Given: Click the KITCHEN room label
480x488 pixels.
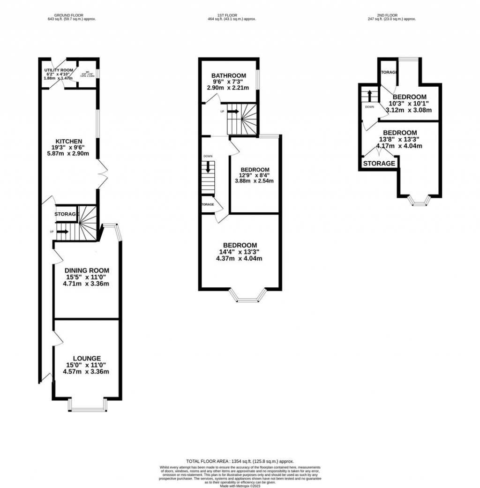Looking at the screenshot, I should point(69,141).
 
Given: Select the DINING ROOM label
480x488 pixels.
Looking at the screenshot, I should point(87,270).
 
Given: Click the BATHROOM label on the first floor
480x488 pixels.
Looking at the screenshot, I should point(228,75).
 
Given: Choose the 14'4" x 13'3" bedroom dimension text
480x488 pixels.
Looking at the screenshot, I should point(240,252).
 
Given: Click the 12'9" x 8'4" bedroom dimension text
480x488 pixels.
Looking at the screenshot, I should point(255,175).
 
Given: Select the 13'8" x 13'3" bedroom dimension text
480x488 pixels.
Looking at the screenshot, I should point(403,139).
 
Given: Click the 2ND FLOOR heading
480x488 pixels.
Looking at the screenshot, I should point(392,15).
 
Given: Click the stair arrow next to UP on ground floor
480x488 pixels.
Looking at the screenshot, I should point(62,232).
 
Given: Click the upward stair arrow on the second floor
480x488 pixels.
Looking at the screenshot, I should point(369,95).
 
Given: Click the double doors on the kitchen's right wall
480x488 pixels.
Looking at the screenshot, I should point(103,176).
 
